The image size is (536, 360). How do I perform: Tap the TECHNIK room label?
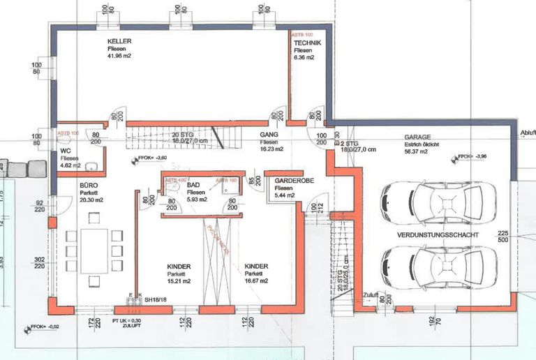[308, 43]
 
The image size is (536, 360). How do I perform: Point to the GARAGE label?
[417, 137]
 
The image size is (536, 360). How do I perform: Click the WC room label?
[66, 150]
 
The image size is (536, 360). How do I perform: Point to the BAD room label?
[194, 183]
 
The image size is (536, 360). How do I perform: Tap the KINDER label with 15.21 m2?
[179, 267]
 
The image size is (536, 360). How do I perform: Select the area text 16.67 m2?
[257, 283]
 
